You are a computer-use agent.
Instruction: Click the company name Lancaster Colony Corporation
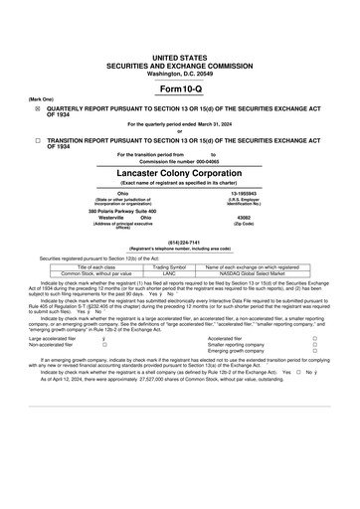click(179, 170)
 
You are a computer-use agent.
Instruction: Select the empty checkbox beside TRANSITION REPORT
click(38, 140)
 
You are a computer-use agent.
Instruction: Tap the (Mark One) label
click(41, 100)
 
